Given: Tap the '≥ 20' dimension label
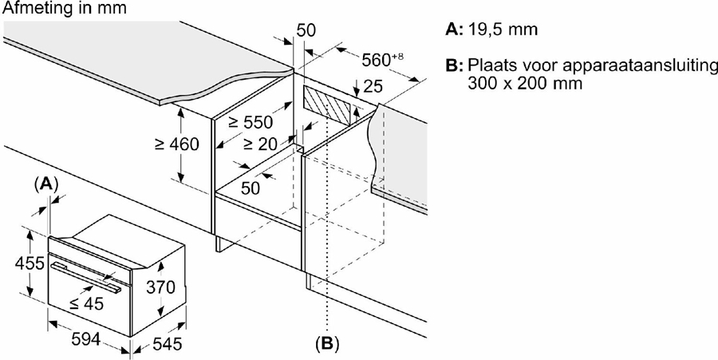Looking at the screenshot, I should (259, 144).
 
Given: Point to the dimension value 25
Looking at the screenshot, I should (371, 85).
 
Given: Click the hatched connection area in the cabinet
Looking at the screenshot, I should (327, 104).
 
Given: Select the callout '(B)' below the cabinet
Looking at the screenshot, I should (327, 344).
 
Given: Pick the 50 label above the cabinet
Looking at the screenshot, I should (307, 30).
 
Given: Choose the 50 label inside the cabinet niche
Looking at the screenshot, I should (251, 188).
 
